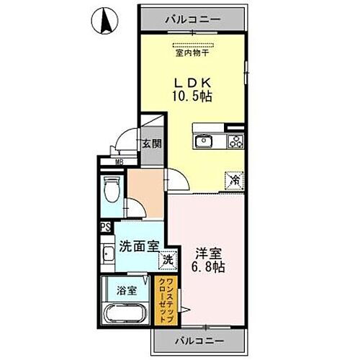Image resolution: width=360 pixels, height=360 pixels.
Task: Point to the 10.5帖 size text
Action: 191,95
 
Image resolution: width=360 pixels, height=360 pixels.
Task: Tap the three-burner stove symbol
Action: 236,141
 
